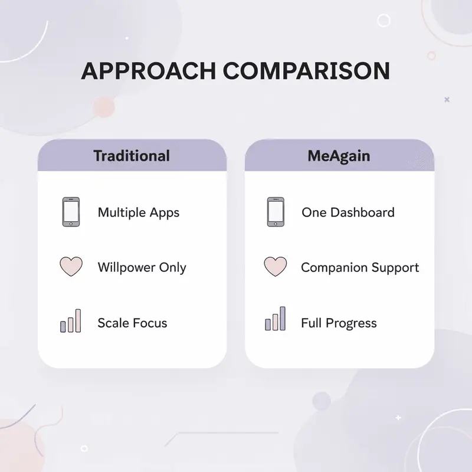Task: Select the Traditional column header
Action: click(x=132, y=156)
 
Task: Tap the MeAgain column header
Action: click(x=339, y=156)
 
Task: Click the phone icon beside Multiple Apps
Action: click(x=70, y=212)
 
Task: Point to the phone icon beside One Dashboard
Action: click(x=275, y=212)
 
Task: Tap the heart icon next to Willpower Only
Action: click(x=71, y=267)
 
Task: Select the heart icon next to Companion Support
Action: click(x=275, y=267)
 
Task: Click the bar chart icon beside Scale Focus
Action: click(x=70, y=322)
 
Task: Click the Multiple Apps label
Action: click(x=139, y=212)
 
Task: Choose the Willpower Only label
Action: click(x=142, y=267)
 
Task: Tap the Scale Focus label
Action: click(x=132, y=323)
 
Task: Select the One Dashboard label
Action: click(x=348, y=212)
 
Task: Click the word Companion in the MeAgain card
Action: click(x=334, y=268)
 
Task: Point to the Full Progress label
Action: click(x=339, y=323)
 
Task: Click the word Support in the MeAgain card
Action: click(x=395, y=268)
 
